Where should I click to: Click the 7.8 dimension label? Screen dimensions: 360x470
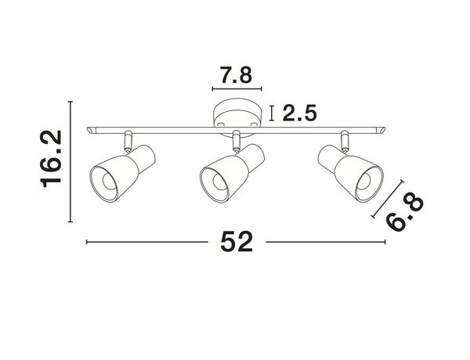pyautogui.click(x=236, y=76)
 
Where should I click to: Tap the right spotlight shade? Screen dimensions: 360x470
pyautogui.click(x=347, y=170)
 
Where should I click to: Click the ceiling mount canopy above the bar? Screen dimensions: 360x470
pyautogui.click(x=235, y=116)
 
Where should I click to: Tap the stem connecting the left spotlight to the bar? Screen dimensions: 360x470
pyautogui.click(x=127, y=142)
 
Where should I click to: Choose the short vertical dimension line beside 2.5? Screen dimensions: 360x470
pyautogui.click(x=271, y=113)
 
